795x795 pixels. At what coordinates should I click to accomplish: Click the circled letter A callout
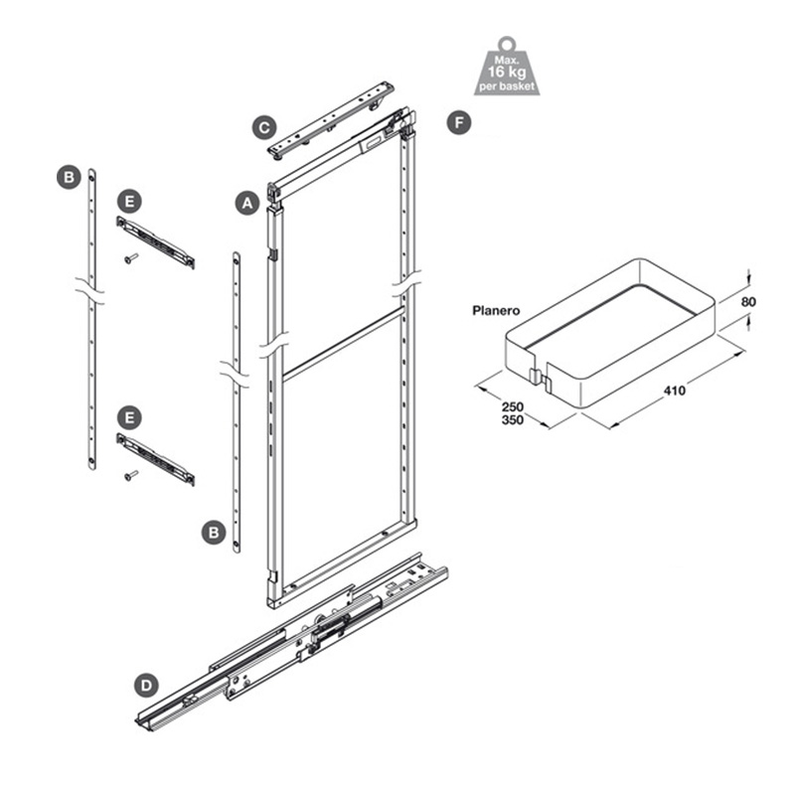[246, 201]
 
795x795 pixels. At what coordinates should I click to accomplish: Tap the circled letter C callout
[263, 127]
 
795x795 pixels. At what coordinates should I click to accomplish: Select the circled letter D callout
[146, 685]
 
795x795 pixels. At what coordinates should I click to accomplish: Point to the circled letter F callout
[458, 122]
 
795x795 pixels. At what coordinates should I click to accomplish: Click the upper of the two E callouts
[129, 200]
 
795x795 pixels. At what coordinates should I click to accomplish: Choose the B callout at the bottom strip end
[212, 533]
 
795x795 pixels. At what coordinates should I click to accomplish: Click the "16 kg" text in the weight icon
[507, 73]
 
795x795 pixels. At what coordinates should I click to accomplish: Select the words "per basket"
[507, 87]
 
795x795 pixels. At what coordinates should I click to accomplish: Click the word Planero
[496, 311]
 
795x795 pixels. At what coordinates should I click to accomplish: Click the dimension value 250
[513, 406]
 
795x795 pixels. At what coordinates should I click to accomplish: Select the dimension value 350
[513, 420]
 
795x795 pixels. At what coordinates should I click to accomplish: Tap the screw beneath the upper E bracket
[130, 259]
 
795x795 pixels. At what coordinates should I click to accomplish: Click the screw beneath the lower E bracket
[130, 477]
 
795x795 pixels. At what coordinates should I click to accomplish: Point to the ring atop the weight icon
[507, 42]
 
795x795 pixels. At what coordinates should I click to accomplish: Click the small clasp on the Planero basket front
[535, 377]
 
